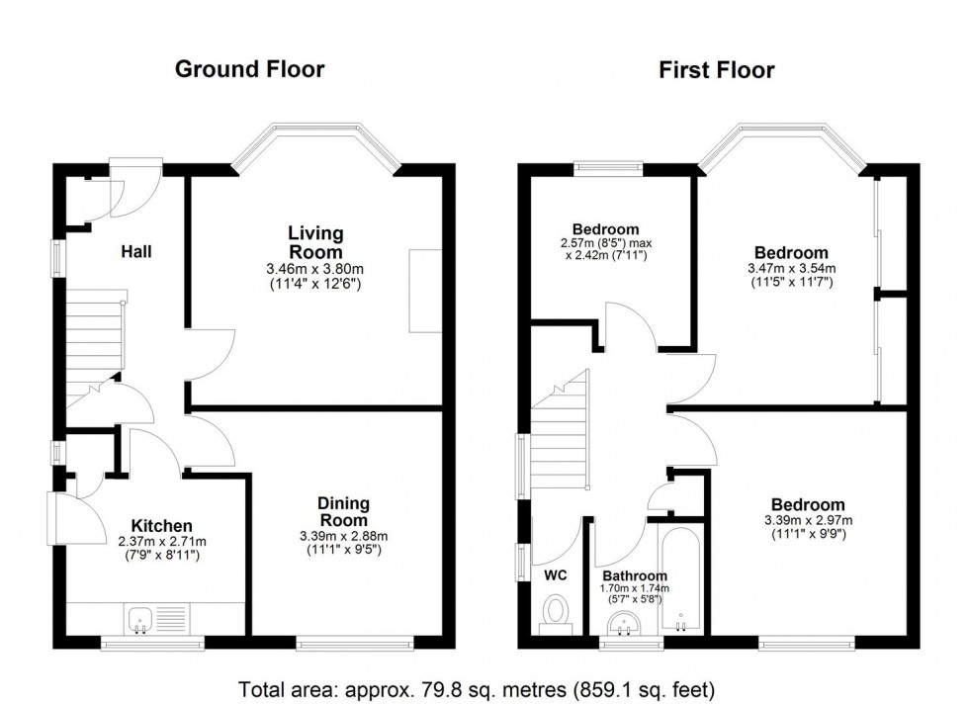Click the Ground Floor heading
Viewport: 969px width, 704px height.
(x=249, y=69)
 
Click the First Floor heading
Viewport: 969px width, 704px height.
(x=717, y=69)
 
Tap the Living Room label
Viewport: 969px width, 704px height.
(x=315, y=242)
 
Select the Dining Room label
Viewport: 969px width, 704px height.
(x=342, y=512)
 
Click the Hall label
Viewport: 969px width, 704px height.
(x=135, y=252)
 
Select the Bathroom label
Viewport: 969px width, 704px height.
(x=634, y=575)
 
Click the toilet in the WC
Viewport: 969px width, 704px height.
(x=556, y=611)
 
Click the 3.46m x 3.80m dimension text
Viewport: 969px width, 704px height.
(x=315, y=268)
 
